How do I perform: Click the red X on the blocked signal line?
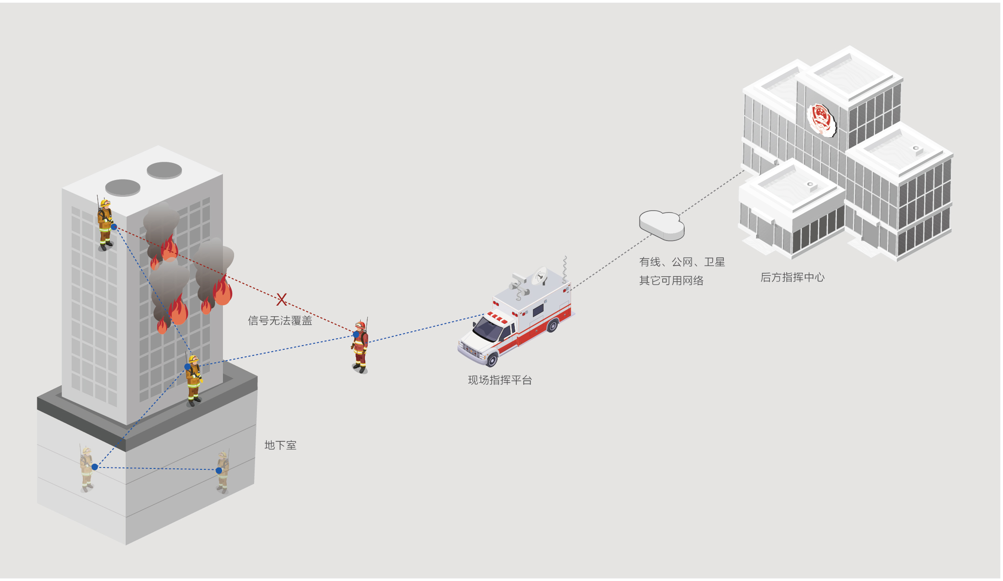(281, 299)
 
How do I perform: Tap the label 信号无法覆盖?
(280, 321)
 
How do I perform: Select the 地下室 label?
(280, 445)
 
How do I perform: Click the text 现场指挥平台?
(499, 380)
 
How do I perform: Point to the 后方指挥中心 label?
(792, 277)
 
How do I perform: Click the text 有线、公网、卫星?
(682, 262)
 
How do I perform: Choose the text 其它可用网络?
(671, 280)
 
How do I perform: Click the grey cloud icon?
(661, 225)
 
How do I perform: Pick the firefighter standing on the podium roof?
(194, 379)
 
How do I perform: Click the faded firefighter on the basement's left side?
(87, 467)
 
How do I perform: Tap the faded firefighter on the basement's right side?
(223, 471)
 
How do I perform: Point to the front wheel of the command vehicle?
(492, 359)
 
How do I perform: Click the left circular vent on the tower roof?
(123, 187)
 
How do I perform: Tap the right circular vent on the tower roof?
(164, 170)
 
